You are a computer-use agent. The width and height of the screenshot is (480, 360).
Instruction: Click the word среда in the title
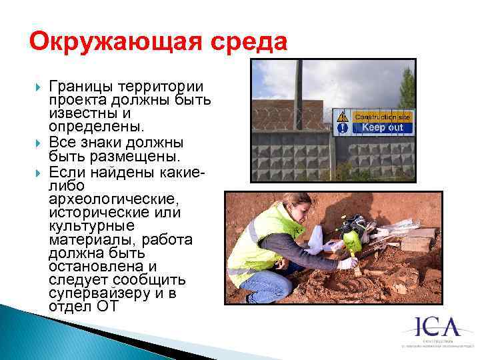click(251, 43)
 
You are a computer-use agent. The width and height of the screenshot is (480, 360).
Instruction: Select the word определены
click(86, 127)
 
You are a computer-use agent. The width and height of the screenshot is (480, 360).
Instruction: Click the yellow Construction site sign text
click(382, 117)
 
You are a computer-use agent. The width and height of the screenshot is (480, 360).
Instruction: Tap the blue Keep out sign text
click(382, 127)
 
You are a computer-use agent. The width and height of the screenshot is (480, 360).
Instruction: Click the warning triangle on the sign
click(342, 116)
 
